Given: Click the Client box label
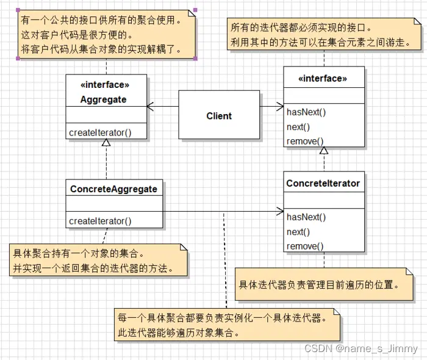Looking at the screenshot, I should point(219,115).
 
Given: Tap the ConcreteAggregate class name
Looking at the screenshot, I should point(113,189).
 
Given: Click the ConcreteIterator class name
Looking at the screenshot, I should point(323,183).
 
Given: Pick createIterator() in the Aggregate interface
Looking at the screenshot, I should point(100,132).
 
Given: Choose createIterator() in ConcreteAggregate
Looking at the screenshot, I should point(100,221).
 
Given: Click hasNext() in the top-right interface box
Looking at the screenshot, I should point(306,112).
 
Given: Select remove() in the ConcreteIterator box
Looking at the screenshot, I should point(305,246).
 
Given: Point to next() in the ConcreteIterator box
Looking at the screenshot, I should point(298,231).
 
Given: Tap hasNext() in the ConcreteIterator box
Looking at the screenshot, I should point(306,217).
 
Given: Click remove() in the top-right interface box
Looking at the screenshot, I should point(305,141).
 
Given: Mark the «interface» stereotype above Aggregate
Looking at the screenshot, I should point(105,85).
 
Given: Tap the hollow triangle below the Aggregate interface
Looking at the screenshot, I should point(106,143).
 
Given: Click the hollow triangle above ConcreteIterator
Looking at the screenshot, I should point(324,151).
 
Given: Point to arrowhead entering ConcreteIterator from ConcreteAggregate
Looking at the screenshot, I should point(280,213).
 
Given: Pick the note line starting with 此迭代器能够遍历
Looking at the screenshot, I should point(177,333).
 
